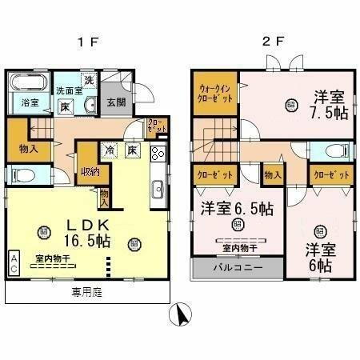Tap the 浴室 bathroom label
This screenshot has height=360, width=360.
[x=30, y=102]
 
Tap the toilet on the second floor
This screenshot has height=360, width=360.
[x=336, y=151]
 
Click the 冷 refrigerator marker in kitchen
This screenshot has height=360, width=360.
[x=108, y=149]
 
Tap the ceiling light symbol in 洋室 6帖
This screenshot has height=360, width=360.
[x=321, y=232]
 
